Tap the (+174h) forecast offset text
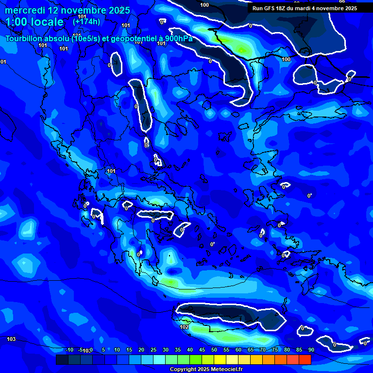[86, 22]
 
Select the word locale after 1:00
[46, 22]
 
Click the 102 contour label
[184, 327]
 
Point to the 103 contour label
[11, 339]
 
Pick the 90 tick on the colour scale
[311, 350]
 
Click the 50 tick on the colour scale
[214, 350]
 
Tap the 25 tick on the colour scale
[153, 350]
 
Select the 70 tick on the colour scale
[263, 350]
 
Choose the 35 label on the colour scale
[178, 350]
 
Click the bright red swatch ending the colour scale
[305, 359]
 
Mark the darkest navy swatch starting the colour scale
[62, 359]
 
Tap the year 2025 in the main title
[119, 10]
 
